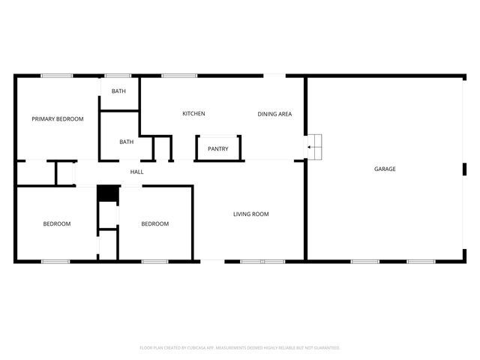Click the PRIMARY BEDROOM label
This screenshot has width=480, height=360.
point(57,119)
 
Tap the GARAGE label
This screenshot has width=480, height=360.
point(385,169)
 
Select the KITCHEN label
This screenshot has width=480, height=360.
point(193,114)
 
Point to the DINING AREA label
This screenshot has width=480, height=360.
point(274,114)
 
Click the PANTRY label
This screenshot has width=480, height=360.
point(218,149)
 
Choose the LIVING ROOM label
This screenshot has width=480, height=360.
point(250,214)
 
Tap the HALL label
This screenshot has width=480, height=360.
point(136,172)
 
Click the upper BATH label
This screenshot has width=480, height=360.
point(118,91)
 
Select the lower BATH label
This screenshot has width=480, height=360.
point(126,142)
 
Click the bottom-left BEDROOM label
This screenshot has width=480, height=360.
point(56,224)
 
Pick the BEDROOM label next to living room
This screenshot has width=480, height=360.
point(155,224)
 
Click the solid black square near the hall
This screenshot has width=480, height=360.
point(108,193)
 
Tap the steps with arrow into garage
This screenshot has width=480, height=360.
point(313,147)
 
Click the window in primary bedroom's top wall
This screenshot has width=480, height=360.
point(56,76)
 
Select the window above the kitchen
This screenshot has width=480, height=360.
point(179,76)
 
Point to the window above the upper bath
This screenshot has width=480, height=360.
point(118,76)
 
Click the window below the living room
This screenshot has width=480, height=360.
point(262,261)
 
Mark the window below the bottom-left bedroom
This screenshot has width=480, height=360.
point(55,261)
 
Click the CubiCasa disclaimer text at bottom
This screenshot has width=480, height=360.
point(240,348)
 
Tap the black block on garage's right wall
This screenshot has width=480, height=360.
point(464,169)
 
